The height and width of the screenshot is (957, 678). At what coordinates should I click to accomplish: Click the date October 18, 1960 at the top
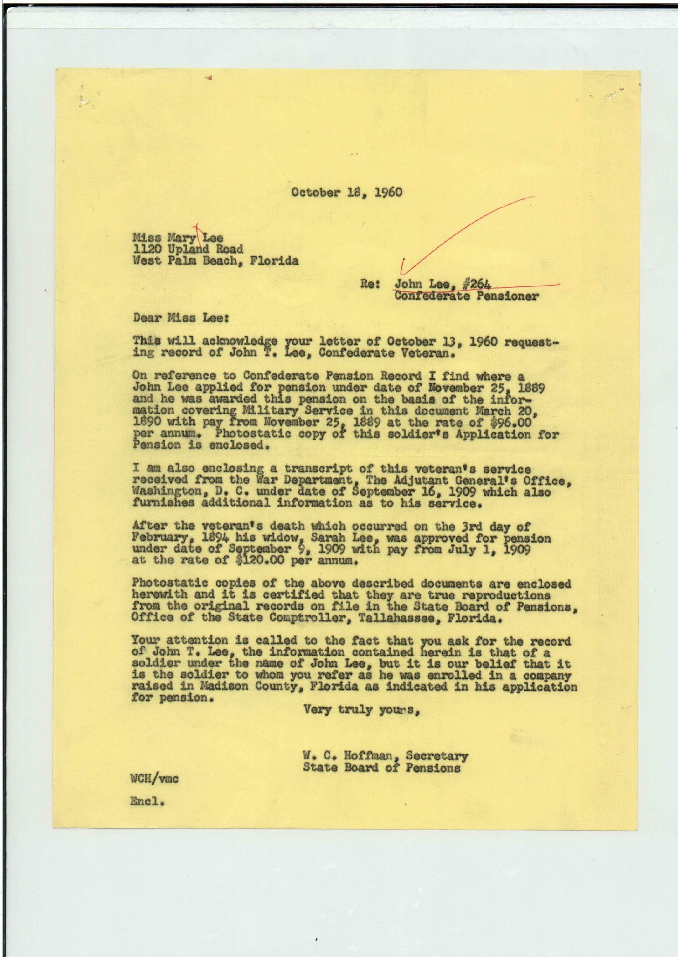click(x=346, y=193)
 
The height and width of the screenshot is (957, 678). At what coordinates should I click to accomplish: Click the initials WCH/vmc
click(x=154, y=779)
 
